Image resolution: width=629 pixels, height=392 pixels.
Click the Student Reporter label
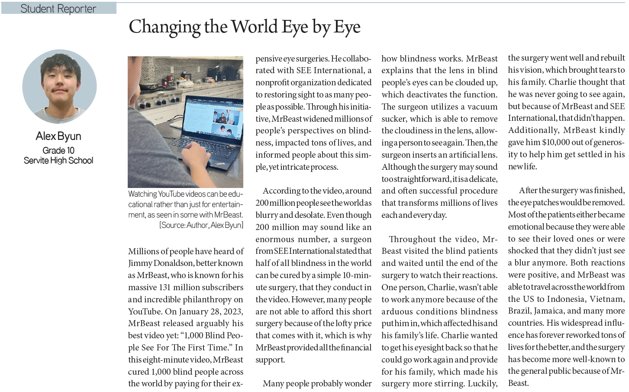pos(58,8)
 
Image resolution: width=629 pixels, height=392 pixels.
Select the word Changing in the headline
pos(165,27)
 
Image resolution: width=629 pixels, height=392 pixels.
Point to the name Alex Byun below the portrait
pos(58,136)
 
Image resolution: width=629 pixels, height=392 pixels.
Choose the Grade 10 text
pos(58,150)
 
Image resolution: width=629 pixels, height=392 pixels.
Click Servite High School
pos(58,160)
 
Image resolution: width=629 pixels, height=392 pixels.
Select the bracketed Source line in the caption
pos(201,225)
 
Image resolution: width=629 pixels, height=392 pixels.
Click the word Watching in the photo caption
pos(142,194)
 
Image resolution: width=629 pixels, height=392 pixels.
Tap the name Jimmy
pos(140,263)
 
